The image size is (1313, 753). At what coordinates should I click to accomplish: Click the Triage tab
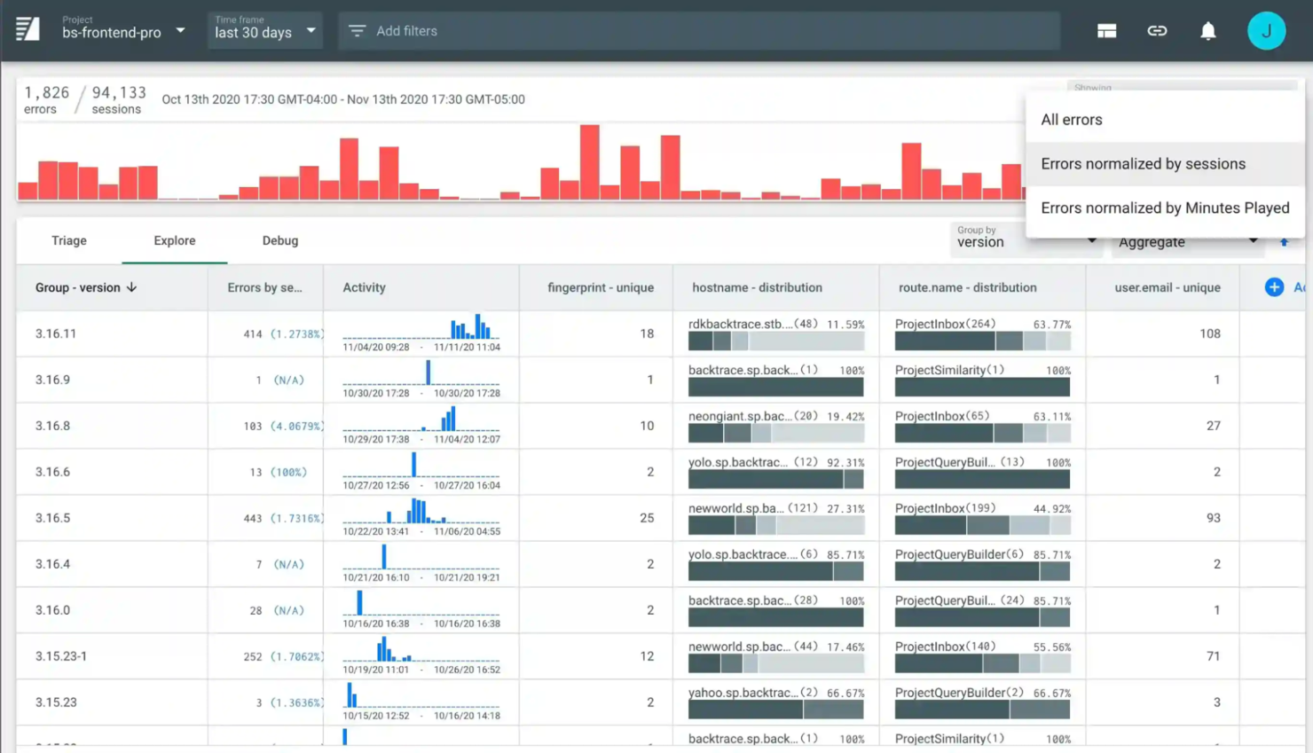(68, 240)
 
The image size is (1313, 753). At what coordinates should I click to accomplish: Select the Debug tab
(279, 240)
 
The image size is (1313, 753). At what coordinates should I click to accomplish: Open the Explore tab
(174, 240)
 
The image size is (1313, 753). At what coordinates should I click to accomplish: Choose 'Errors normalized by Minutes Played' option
(1164, 208)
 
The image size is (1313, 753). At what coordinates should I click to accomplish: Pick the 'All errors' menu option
(1071, 120)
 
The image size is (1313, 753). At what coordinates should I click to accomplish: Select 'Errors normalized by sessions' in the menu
(1143, 164)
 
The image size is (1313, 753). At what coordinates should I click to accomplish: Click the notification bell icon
(1207, 31)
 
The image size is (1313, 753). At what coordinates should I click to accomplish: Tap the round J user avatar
(1266, 31)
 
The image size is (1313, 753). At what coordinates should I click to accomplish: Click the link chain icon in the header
(1156, 31)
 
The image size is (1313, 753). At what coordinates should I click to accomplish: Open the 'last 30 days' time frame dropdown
(264, 31)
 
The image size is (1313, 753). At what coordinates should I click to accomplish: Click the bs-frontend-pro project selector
(123, 31)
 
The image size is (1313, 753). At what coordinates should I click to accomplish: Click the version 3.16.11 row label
(56, 333)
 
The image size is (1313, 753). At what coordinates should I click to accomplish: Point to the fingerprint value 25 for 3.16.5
(647, 518)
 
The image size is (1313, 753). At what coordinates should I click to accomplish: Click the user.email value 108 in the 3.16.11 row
(1209, 333)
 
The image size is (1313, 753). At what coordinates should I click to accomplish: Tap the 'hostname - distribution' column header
(757, 287)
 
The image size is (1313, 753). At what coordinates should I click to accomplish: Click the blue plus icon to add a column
(1274, 286)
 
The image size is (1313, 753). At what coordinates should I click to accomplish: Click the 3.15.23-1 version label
(61, 656)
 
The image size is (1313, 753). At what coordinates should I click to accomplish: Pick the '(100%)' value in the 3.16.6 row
(288, 472)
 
